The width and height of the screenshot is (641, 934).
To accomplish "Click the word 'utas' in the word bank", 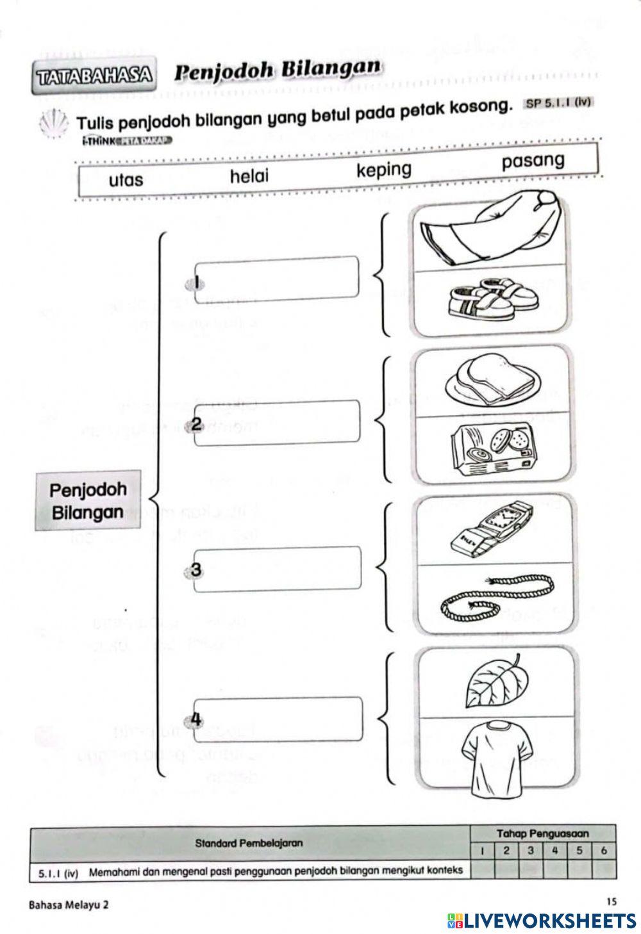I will [x=126, y=180].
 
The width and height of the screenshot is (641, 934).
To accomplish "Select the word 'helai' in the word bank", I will [x=249, y=176].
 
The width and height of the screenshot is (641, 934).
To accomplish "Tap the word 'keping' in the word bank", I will [x=384, y=170].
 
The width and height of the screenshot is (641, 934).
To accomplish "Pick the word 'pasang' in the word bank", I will [x=533, y=161].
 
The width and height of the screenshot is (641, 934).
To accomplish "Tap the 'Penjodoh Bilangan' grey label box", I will [x=87, y=501].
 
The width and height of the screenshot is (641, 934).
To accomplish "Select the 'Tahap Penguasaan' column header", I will [x=542, y=833].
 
